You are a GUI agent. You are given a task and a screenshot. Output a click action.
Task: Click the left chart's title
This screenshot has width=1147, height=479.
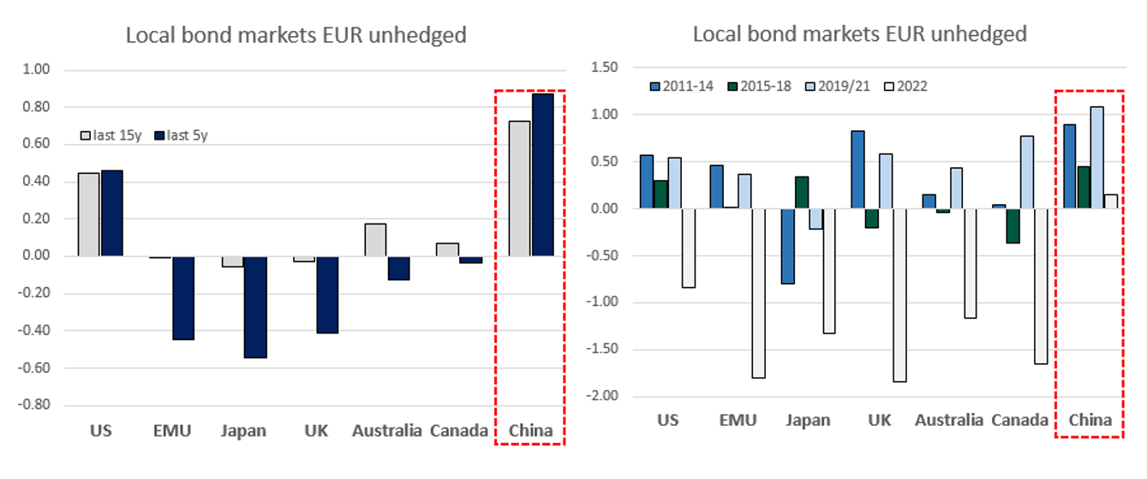[x=296, y=35]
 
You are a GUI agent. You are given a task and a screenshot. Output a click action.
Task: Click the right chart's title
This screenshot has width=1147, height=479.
[x=859, y=34]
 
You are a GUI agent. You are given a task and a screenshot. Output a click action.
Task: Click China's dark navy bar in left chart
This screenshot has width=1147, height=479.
[x=542, y=175]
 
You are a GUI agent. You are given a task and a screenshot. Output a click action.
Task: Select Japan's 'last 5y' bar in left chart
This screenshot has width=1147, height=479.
[x=255, y=307]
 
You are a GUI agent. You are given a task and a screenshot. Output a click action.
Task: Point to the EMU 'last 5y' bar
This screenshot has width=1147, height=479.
[x=182, y=298]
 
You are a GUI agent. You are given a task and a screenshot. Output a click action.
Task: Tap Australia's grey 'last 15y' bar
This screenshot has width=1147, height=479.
[x=375, y=240]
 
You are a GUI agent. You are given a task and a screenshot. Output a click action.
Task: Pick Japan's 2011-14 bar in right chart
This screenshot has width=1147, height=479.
[x=788, y=246]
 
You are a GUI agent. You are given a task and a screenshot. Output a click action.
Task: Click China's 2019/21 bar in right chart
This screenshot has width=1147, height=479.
[x=1097, y=158]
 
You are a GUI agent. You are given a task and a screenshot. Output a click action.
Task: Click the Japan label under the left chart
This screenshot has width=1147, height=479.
[x=243, y=430]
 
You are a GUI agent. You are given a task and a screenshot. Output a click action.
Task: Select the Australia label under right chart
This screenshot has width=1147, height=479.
[x=948, y=420]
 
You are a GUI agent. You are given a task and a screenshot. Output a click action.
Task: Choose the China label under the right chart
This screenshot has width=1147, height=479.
[x=1090, y=420]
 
